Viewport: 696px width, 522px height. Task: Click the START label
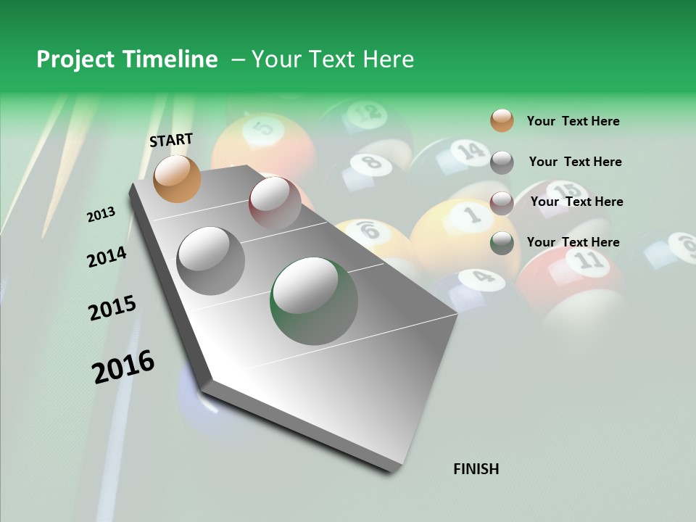pos(171,140)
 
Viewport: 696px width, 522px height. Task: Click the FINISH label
pos(476,469)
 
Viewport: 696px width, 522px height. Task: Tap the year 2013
pos(101,215)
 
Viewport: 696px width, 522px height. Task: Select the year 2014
pos(107,257)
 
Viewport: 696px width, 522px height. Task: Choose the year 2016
pos(123,366)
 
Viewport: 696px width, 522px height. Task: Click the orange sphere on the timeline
pos(177,178)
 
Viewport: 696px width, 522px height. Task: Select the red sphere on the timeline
pos(275,202)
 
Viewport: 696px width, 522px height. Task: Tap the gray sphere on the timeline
pos(211,260)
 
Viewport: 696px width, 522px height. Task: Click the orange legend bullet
pos(502,121)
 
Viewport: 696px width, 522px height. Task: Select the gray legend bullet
pos(502,162)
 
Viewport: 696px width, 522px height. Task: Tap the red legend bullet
pos(502,202)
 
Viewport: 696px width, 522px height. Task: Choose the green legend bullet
pos(502,243)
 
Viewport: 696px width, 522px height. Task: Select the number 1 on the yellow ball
pos(472,214)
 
